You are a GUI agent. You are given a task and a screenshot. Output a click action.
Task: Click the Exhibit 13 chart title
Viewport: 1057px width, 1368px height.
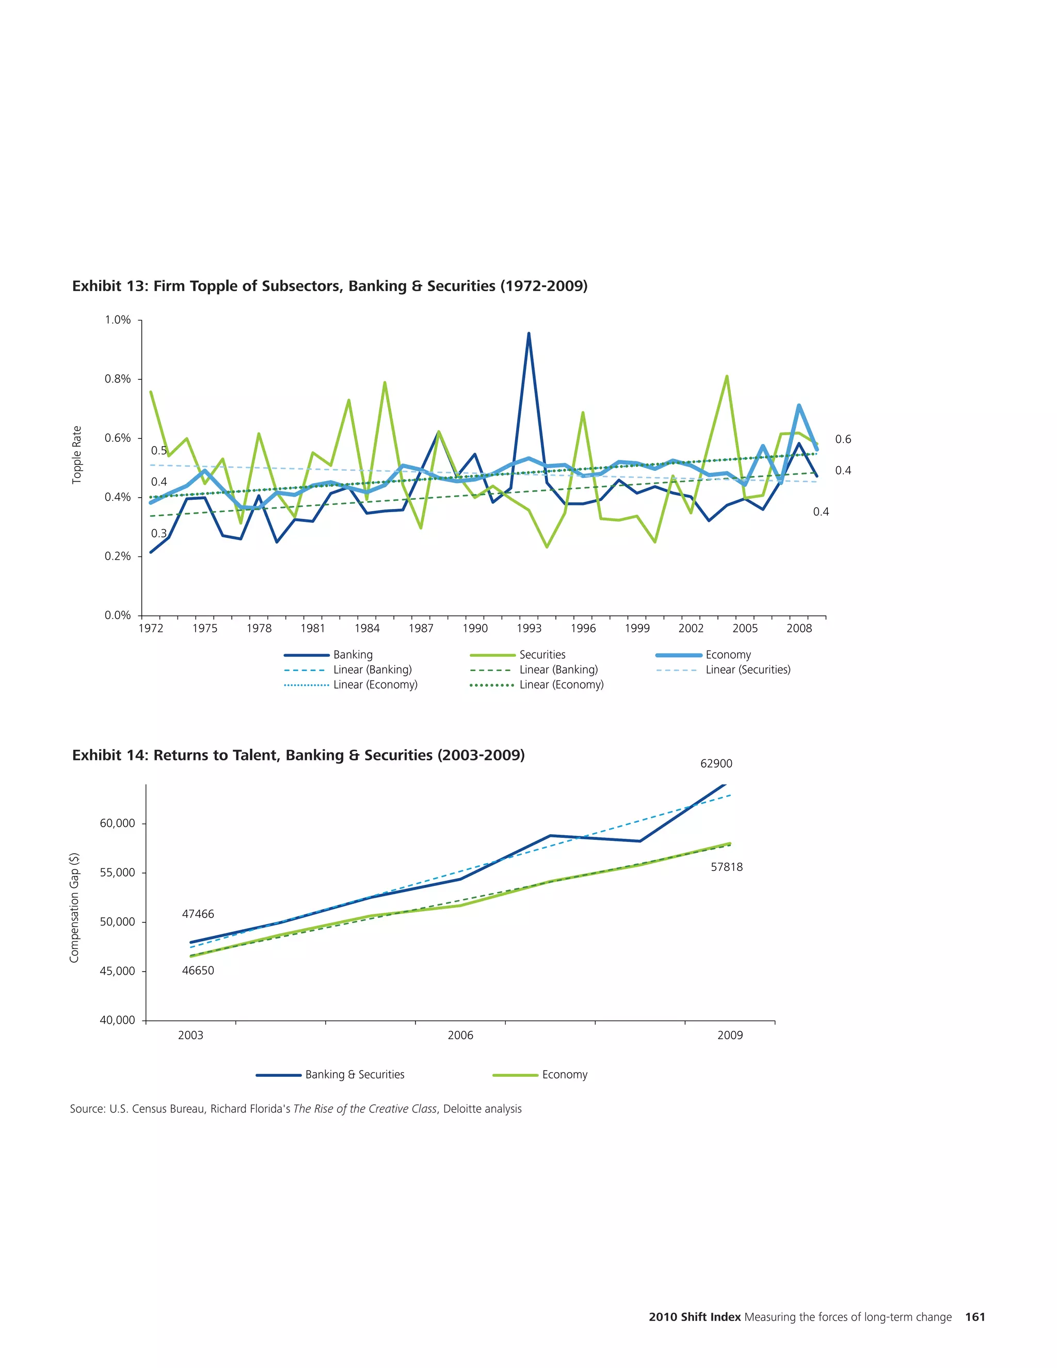tap(329, 287)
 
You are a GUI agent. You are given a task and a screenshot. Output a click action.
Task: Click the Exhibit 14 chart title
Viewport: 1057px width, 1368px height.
tap(298, 755)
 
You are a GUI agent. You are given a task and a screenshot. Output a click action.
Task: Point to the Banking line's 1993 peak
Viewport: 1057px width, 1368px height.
tap(528, 334)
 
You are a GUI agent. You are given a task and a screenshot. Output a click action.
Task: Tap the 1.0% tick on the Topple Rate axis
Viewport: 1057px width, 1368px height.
tap(118, 320)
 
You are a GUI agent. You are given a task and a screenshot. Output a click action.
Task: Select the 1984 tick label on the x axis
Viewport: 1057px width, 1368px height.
tap(367, 628)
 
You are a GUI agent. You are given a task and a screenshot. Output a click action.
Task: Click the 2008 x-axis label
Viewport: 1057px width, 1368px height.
tap(798, 628)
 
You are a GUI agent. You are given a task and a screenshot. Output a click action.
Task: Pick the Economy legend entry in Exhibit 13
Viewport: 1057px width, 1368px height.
tap(728, 655)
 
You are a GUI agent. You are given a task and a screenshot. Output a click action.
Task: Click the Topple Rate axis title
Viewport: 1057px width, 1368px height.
tap(77, 455)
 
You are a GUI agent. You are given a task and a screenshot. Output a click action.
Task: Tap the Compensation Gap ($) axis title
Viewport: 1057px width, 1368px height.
tap(74, 908)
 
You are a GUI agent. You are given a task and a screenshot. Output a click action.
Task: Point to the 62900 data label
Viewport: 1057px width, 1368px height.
tap(716, 763)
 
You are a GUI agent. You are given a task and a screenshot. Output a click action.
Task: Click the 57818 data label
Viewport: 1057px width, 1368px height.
tap(726, 867)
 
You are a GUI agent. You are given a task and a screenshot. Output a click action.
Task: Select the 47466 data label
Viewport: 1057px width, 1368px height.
tap(198, 914)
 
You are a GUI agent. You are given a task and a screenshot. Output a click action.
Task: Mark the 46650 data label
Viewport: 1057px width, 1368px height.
tap(198, 971)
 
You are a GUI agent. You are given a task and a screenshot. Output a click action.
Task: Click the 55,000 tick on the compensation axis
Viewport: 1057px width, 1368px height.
tap(118, 872)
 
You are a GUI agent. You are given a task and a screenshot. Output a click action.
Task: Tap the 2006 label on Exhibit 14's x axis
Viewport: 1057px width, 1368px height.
tap(460, 1036)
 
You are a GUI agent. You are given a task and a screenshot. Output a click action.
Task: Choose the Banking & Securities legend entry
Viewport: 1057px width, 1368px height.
tap(355, 1074)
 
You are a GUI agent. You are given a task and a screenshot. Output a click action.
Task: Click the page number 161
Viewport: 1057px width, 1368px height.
tap(975, 1317)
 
